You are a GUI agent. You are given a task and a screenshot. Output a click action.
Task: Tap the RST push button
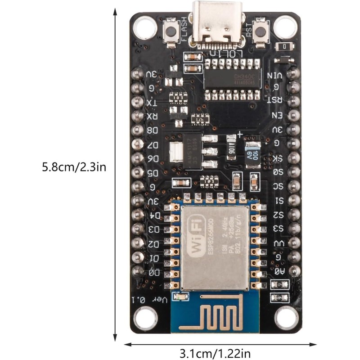click(260, 31)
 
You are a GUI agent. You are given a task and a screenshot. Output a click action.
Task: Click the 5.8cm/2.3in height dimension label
click(74, 168)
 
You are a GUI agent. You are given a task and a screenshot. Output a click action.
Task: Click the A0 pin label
click(279, 271)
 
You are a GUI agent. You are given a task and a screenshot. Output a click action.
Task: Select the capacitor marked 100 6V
click(252, 153)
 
